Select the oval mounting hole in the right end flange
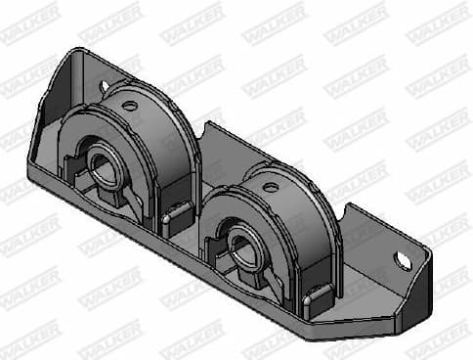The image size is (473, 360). (x=403, y=260)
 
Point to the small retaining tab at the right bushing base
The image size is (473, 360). (x=314, y=294)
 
